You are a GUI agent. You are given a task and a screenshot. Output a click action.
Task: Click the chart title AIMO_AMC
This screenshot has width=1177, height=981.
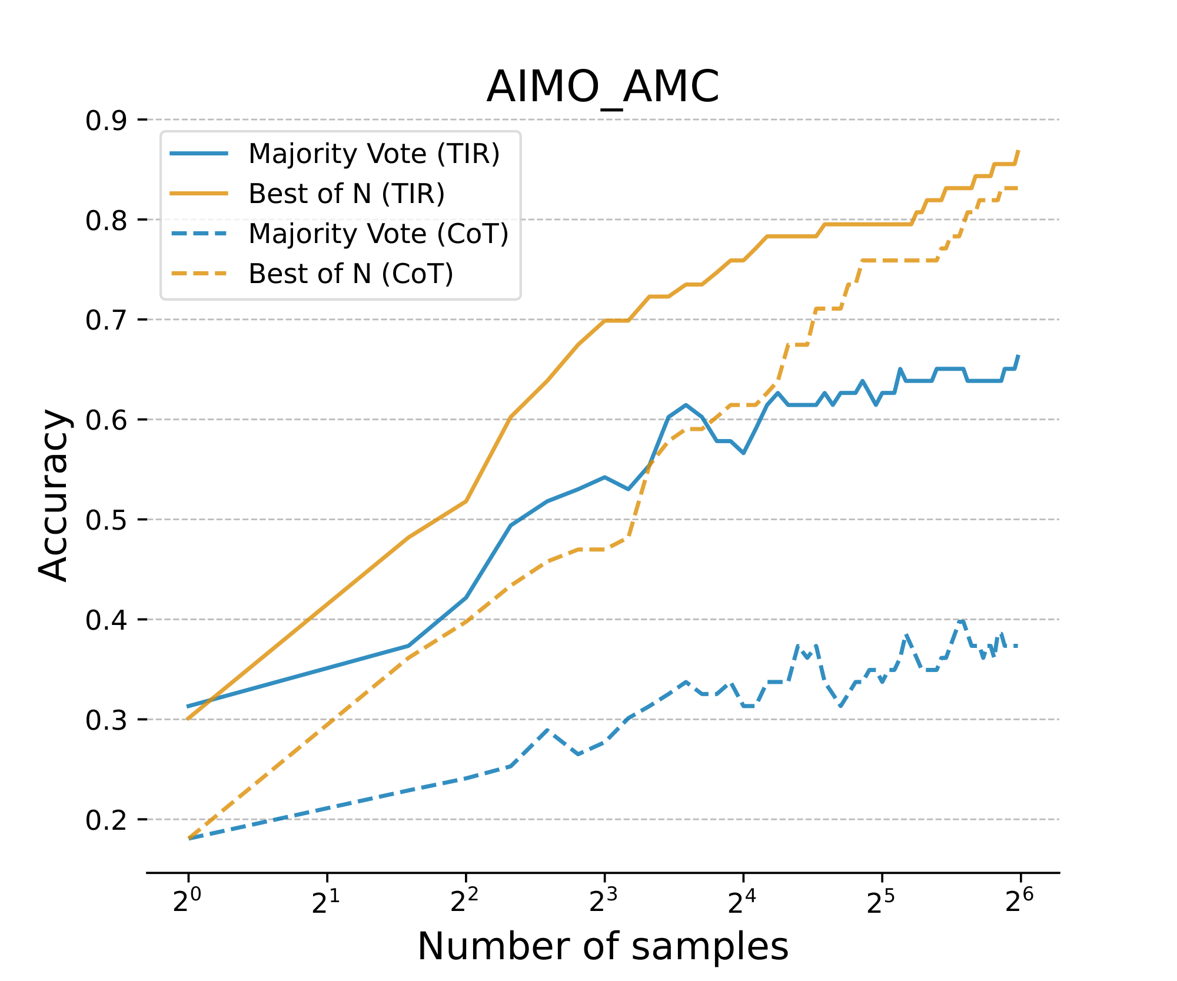point(603,87)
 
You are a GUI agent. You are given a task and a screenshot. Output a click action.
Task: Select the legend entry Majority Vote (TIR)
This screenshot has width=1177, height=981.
point(374,154)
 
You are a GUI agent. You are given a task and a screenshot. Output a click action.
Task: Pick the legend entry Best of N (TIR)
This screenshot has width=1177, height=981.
point(346,194)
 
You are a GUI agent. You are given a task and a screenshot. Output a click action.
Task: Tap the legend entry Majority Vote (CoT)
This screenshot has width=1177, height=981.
point(378,234)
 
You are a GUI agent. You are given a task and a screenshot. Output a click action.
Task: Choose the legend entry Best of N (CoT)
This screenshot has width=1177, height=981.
point(351,274)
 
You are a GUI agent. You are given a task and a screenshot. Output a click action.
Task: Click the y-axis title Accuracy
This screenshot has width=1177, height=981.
point(54,495)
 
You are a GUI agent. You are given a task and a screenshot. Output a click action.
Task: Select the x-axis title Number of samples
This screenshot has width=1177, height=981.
point(603,947)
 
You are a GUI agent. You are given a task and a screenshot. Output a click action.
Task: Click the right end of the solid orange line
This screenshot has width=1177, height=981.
point(1019,151)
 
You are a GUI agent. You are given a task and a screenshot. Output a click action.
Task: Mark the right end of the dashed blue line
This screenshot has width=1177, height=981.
point(1018,646)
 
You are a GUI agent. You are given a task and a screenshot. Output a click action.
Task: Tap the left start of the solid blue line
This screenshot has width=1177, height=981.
point(188,706)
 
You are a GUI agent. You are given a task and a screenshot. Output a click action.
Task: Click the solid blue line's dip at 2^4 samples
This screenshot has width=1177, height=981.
point(743,453)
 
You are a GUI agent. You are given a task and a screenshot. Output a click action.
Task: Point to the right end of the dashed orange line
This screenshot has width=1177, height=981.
point(1018,188)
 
